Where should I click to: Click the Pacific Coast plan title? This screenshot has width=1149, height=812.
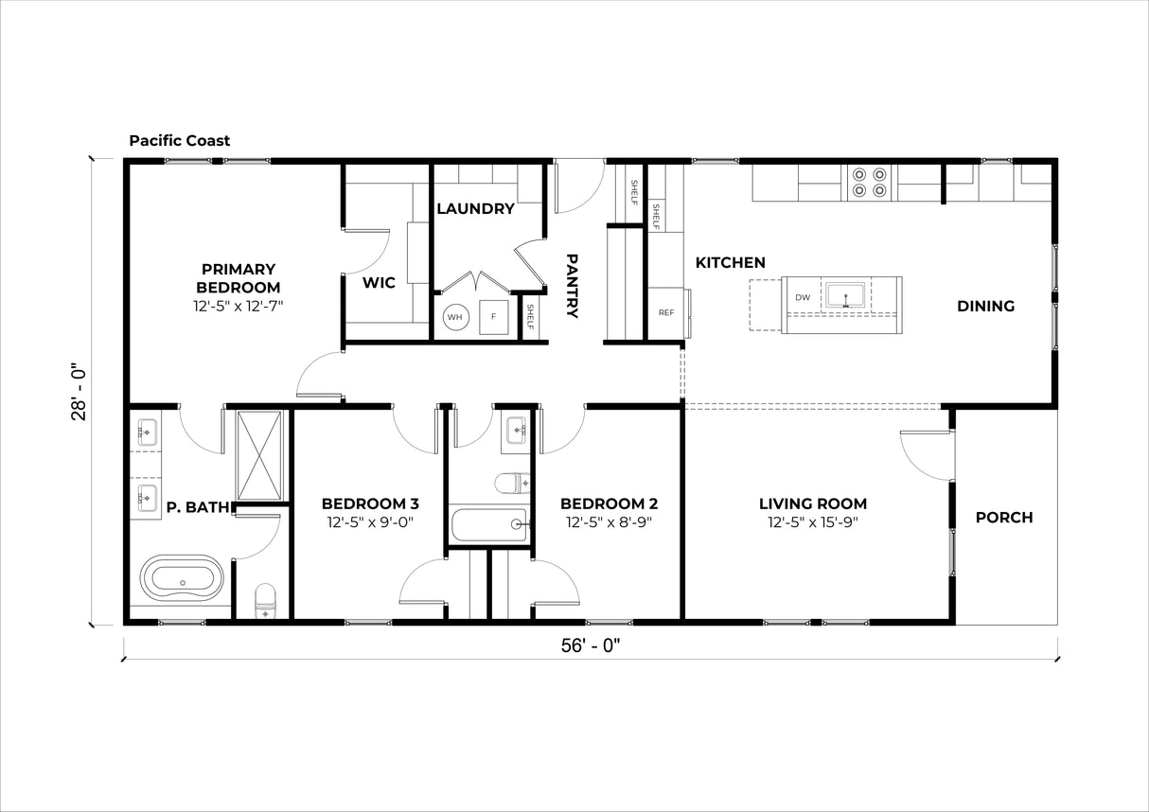coord(180,141)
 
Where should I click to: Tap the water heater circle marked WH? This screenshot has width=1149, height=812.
coord(455,317)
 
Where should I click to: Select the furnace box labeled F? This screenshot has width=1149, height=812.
coord(493,317)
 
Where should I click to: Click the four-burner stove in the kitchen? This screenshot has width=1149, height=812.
coord(870,183)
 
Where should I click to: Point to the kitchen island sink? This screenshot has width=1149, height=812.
coord(845,295)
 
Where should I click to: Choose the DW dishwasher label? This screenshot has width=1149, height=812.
coord(803,297)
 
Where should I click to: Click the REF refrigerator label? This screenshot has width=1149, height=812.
coord(666,312)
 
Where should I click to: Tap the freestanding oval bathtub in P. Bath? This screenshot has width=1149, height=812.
coord(183,577)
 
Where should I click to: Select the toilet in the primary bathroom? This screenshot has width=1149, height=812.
coord(265,601)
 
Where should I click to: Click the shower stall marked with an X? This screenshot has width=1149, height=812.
coord(259,455)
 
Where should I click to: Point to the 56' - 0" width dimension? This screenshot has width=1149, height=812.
coord(591,645)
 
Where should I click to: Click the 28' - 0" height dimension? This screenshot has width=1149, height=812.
coord(79,393)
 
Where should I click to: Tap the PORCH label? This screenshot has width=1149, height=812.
coord(1004,518)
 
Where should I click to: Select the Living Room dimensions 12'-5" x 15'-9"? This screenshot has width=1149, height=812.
coord(813,522)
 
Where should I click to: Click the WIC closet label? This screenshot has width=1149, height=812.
coord(380,283)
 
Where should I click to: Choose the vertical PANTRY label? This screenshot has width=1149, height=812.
coord(572,286)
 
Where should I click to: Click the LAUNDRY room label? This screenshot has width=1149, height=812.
coord(475,209)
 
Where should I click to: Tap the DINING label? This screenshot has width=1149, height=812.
coord(986,307)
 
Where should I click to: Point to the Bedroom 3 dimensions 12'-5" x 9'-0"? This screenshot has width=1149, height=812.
coord(370,522)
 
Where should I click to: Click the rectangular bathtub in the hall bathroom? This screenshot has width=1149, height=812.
coord(489,524)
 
